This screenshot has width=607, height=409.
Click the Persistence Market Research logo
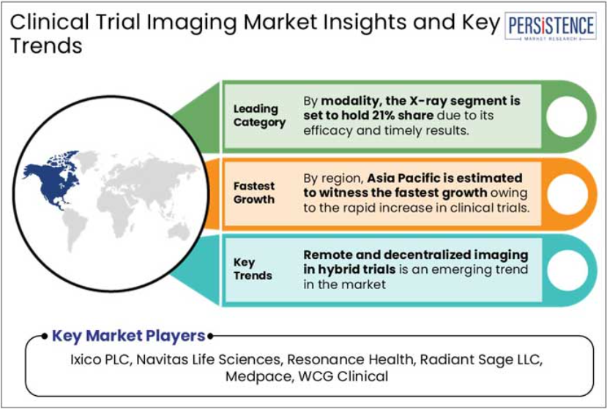550,26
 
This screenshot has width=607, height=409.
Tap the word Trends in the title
46,45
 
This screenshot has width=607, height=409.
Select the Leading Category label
259,116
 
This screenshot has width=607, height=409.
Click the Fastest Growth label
254,192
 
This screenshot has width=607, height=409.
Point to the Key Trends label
253,269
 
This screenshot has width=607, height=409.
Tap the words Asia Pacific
403,178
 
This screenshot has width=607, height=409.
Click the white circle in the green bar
567,116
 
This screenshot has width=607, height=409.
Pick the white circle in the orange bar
567,194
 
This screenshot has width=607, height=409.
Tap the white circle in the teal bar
567,270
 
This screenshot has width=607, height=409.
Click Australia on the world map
179,232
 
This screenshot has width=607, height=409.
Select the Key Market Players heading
129,336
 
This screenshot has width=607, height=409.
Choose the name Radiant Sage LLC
480,359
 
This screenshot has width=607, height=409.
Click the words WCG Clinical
343,376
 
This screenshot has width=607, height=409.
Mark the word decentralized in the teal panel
428,255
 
